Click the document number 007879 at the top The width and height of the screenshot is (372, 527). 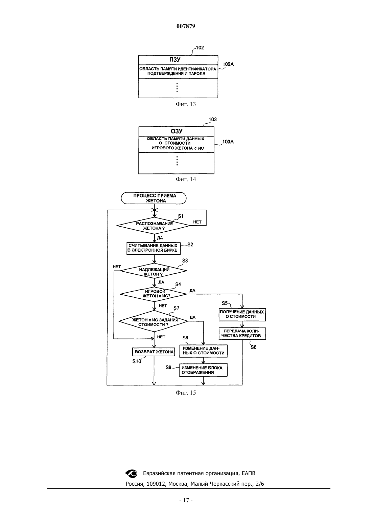186,26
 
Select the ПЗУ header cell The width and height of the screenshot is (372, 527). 178,60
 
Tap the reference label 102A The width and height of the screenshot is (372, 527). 228,64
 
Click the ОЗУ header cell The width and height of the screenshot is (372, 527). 177,131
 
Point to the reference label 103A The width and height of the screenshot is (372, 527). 228,142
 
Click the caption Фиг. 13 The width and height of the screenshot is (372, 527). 186,104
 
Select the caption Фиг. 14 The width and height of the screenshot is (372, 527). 186,179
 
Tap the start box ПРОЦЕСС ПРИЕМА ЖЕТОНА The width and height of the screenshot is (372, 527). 154,198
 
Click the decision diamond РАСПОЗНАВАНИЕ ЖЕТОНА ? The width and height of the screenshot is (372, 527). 154,226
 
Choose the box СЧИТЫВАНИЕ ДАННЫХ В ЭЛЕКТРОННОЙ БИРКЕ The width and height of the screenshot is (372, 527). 154,248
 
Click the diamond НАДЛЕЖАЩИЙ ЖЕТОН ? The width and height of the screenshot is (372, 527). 154,271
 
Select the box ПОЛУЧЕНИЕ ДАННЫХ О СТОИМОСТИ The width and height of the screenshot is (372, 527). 242,315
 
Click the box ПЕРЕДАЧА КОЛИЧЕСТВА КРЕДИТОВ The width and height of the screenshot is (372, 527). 242,334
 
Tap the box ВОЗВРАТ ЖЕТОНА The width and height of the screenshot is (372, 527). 154,352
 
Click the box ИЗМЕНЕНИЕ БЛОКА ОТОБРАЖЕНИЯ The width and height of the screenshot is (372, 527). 203,370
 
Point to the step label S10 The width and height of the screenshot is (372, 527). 137,361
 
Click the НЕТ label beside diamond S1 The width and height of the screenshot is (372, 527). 197,222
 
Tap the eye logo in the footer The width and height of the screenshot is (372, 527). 131,473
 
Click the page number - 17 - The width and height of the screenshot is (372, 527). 186,501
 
